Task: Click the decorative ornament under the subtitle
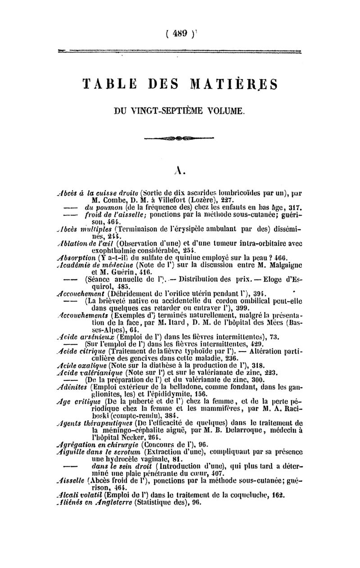pos(180,137)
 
